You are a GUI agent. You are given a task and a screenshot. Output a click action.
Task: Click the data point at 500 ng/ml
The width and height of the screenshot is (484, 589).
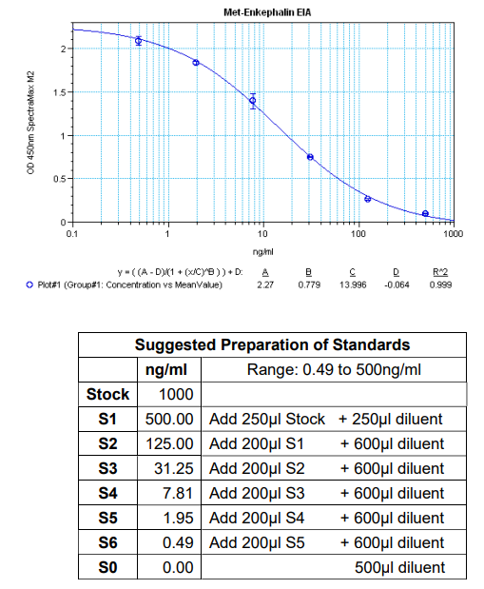pos(425,213)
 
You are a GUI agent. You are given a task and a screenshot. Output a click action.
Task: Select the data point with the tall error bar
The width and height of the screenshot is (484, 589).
pos(253,100)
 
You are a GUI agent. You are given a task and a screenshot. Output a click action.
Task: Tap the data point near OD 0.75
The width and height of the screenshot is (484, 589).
pos(310,157)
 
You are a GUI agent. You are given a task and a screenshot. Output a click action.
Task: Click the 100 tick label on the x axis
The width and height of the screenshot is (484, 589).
pos(358,232)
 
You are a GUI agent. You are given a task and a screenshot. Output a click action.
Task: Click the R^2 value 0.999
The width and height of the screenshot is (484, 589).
pos(439,284)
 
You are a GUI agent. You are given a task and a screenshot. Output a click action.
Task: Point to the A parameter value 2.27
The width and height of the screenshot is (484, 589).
pos(266,284)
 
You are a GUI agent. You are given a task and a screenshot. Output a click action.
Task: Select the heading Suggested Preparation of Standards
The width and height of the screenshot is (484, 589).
pos(272,344)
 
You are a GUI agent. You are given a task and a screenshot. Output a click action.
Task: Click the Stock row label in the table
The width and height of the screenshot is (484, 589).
pos(106,394)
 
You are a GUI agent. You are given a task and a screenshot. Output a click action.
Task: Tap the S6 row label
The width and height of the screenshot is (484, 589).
pos(106,542)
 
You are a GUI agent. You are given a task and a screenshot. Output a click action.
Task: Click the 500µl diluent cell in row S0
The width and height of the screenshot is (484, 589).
pos(398,567)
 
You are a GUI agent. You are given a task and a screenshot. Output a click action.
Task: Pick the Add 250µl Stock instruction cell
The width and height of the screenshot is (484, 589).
pos(267,419)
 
